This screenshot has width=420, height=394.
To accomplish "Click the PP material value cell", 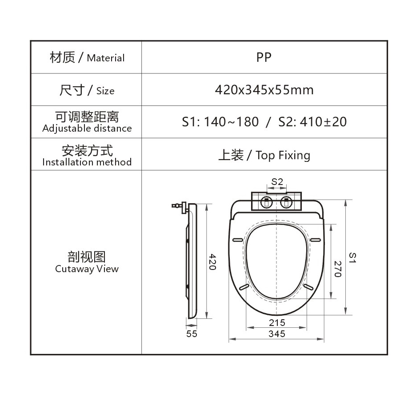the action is click(x=264, y=57).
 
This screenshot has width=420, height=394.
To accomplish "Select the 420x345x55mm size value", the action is click(x=264, y=90).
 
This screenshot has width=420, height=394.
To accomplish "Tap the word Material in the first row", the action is click(x=106, y=58).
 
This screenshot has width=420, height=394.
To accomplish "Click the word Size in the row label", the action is click(x=105, y=91).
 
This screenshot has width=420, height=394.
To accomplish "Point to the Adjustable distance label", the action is click(x=87, y=129).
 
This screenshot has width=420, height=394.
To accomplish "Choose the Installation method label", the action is click(x=87, y=162).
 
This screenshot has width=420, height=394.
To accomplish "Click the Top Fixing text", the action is click(x=283, y=155).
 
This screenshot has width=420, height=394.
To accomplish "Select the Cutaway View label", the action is click(x=87, y=269).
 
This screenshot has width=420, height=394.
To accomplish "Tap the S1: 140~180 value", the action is click(x=220, y=122).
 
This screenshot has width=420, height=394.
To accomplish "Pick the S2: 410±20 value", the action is click(x=312, y=122).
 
